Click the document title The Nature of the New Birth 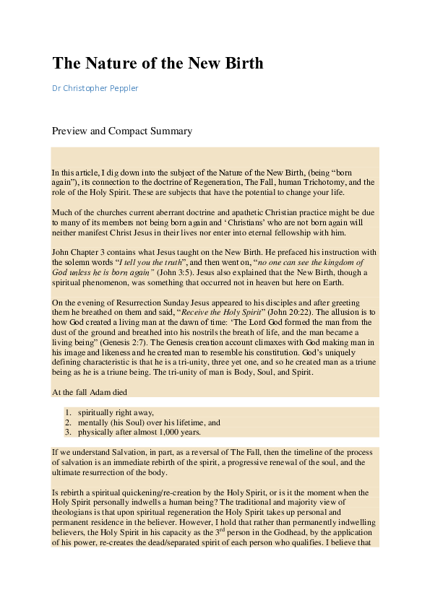coord(158,63)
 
